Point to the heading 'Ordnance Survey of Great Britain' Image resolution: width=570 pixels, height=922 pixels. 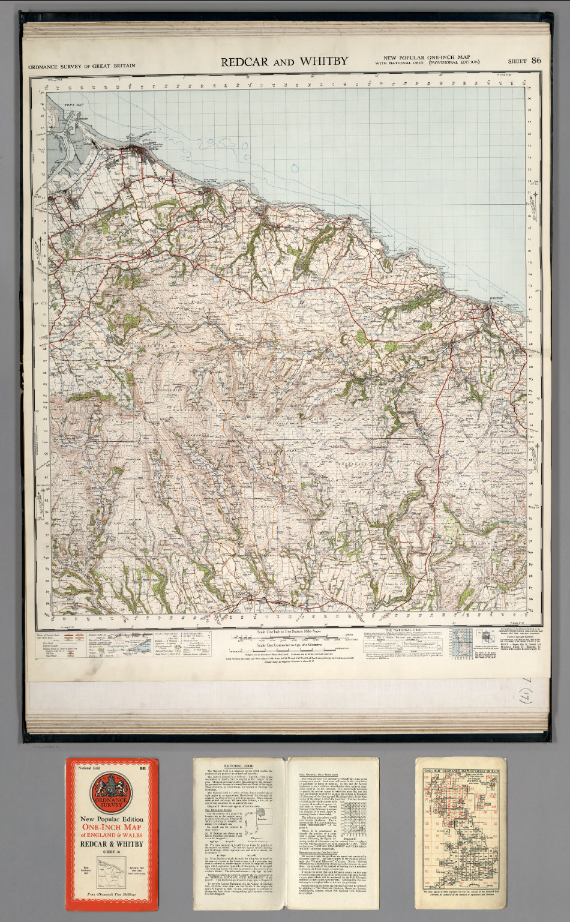coord(82,66)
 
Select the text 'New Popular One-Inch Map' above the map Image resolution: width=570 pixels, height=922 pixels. coord(427,57)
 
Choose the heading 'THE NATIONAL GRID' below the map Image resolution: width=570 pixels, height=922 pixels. coord(404,630)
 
